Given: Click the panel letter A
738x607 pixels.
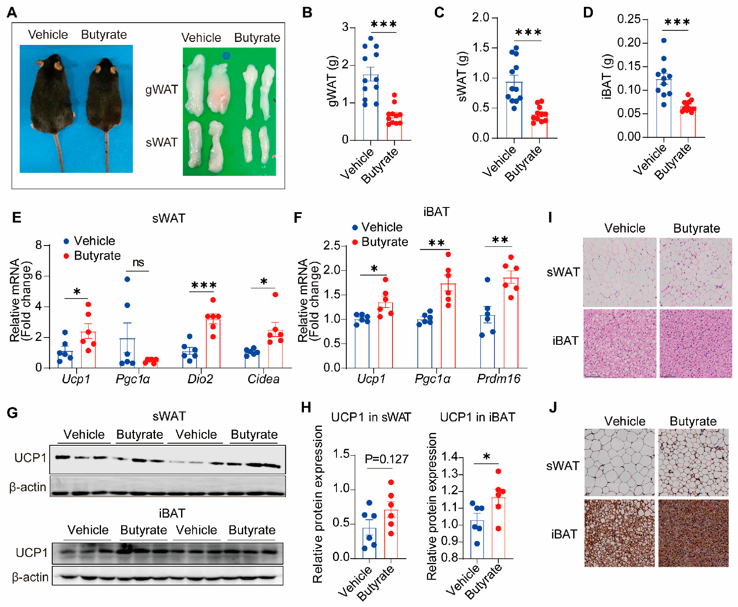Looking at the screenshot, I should [12, 12].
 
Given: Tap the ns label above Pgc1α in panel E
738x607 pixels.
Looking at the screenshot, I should [138, 262].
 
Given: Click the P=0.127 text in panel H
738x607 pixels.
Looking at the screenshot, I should [386, 459].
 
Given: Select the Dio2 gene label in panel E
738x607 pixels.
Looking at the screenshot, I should [200, 379].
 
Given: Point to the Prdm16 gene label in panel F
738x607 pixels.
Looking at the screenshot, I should [498, 379].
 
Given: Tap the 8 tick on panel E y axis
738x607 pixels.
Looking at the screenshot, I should [39, 245].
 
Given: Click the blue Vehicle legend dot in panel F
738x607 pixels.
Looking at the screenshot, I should [355, 228].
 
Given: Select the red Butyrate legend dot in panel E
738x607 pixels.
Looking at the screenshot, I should [66, 256].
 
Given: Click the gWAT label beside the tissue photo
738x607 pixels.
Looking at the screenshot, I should [161, 90].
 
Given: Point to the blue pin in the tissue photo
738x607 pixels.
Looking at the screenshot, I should [226, 56].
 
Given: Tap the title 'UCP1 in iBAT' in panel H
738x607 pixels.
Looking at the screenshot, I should [477, 417].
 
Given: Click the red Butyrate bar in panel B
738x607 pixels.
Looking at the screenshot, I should [394, 126].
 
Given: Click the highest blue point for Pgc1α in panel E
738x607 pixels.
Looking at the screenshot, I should [127, 279].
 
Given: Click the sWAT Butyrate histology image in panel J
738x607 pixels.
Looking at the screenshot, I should [693, 462].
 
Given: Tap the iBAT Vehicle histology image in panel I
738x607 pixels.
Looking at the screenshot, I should [619, 343].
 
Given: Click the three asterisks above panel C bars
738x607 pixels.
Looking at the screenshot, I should [528, 33].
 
